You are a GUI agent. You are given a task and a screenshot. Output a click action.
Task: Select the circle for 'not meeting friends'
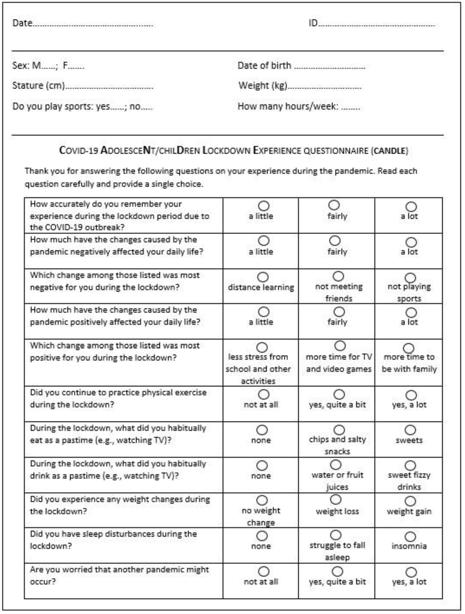pos(338,276)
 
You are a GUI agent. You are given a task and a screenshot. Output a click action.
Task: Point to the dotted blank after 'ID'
pos(376,24)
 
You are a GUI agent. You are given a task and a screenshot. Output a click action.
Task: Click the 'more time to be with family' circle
pos(408,348)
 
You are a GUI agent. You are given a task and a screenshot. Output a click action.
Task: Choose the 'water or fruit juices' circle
pos(336,464)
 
